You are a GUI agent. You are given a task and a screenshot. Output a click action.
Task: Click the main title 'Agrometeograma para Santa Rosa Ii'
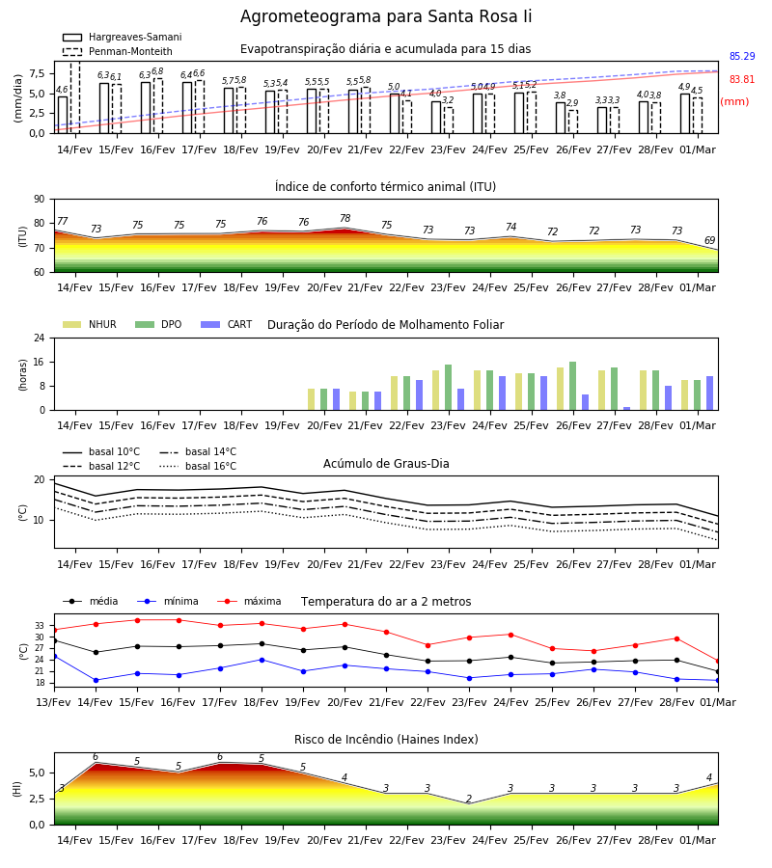coord(385,16)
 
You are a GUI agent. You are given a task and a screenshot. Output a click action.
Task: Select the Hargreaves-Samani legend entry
coord(123,37)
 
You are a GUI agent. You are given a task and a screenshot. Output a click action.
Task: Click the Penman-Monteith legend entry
coord(118,51)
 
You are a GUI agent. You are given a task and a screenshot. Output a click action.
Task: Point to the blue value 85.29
coord(742,57)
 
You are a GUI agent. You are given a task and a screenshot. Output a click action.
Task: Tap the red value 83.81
coord(742,80)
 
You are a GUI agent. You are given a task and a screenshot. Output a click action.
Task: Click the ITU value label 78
coord(345,219)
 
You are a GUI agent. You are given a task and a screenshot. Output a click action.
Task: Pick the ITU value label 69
coord(709,240)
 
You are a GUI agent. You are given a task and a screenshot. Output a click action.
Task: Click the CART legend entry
coord(227,324)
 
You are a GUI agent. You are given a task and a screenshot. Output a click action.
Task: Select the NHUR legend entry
coord(90,324)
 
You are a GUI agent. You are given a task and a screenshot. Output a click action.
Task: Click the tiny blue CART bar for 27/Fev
coord(627,409)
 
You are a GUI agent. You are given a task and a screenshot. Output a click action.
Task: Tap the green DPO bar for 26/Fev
coord(572,386)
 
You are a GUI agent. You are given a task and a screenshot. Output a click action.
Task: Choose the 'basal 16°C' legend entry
coord(198,466)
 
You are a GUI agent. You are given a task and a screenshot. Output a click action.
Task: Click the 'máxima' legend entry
coord(250,601)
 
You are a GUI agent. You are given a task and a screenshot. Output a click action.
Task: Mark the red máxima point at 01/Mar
coord(718,661)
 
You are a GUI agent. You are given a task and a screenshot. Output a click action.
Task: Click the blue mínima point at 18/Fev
coord(262,660)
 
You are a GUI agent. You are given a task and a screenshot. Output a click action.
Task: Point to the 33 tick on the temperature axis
coord(40,626)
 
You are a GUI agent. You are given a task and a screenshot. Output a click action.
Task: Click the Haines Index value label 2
coord(469,799)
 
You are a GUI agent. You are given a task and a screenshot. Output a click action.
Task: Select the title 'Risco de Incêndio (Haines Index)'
coord(386,740)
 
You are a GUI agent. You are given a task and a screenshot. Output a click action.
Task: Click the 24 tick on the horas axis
coord(40,338)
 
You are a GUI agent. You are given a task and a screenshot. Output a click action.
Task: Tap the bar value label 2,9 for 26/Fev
coord(572,103)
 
